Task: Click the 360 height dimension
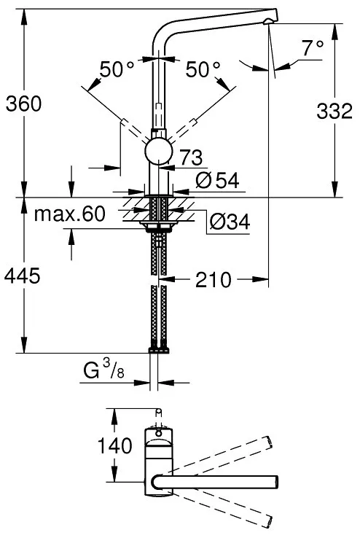(23, 104)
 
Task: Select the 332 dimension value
(334, 111)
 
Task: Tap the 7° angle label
(313, 48)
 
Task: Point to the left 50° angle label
(117, 69)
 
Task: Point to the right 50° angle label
(203, 69)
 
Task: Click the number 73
(192, 157)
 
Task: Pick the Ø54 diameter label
(217, 180)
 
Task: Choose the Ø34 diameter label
(230, 222)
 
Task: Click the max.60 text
(70, 214)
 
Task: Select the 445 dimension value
(23, 276)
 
